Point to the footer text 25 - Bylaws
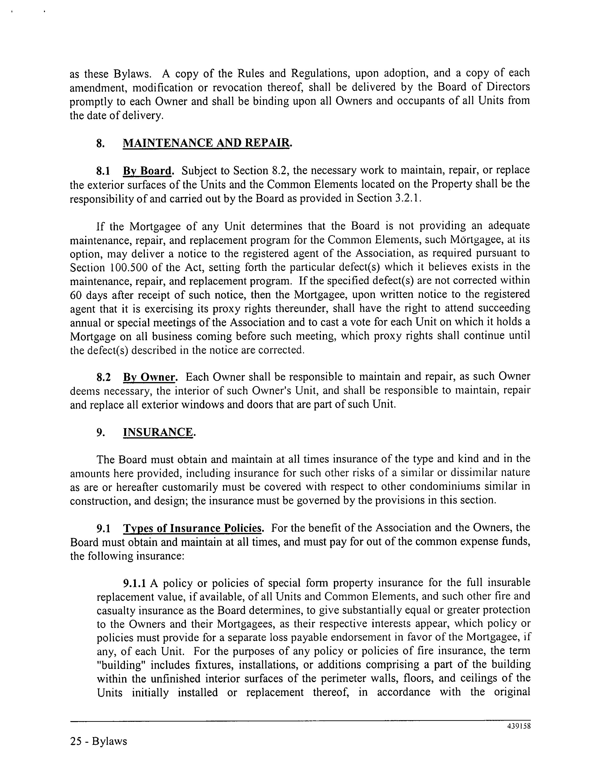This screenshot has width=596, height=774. [99, 741]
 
